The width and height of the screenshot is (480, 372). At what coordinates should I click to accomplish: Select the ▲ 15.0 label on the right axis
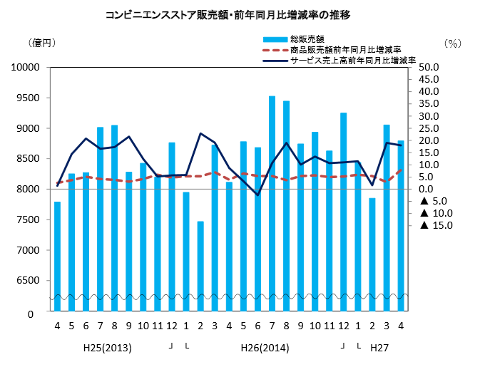click(x=432, y=226)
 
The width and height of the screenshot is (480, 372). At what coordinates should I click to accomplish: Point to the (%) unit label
click(x=452, y=43)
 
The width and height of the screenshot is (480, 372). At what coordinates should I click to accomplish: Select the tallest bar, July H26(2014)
click(x=272, y=203)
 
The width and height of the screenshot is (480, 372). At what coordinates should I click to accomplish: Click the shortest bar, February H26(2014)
click(x=200, y=266)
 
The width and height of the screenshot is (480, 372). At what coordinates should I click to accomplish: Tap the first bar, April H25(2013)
click(x=57, y=257)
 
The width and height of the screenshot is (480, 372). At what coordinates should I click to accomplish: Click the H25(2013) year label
click(x=107, y=348)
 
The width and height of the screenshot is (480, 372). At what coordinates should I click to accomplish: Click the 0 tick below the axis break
click(x=31, y=313)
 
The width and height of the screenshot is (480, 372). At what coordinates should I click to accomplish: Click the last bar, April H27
click(x=401, y=226)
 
